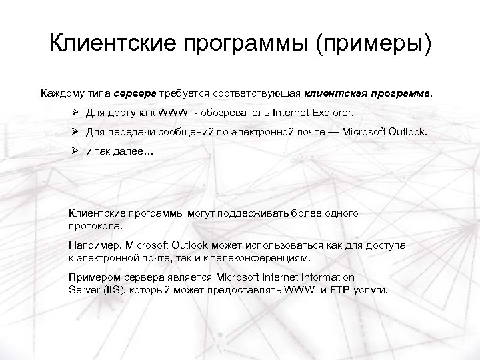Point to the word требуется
[x=194, y=94]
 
